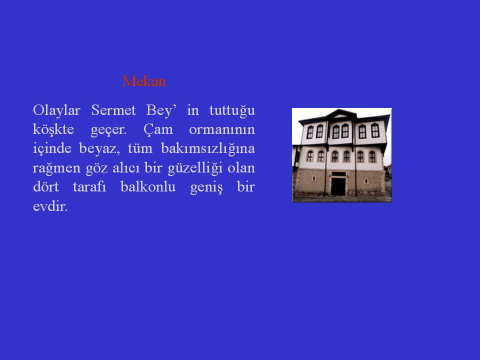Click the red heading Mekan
coord(144,81)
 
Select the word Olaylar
coord(56,110)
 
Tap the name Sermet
coord(113,110)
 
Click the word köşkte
coord(53,129)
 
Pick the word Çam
coord(158,129)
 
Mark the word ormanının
coord(222,129)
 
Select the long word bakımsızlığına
coord(208,149)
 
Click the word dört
coord(46,186)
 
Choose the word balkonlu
coord(148,186)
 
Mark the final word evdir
coord(50,206)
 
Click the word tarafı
coord(89,186)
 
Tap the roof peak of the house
coord(340,110)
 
